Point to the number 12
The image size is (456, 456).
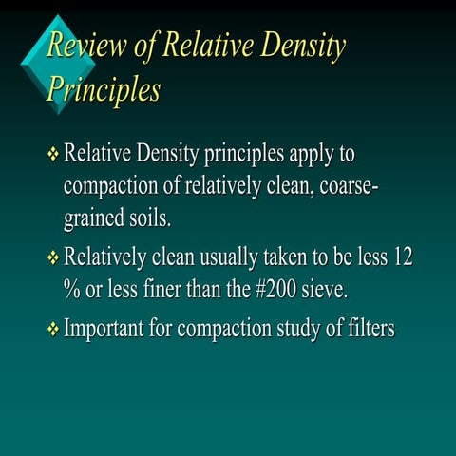(x=401, y=257)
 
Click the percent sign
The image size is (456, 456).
(x=70, y=292)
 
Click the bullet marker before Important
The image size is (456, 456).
(x=53, y=330)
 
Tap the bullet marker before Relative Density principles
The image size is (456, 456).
(x=53, y=153)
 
